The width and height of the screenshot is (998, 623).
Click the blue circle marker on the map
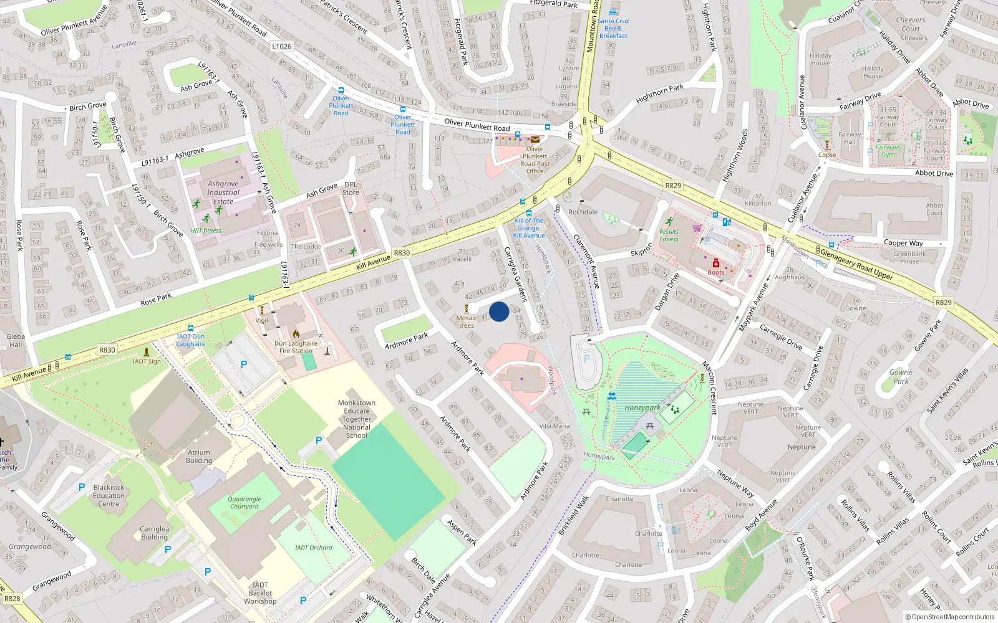[499, 311]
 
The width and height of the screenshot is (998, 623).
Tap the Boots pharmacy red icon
[716, 264]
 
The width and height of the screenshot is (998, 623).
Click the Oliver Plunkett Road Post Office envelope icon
[535, 140]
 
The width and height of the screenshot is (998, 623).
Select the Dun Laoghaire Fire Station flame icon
[296, 334]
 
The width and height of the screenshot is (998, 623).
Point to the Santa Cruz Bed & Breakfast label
[613, 28]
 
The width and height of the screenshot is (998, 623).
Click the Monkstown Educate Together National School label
[357, 419]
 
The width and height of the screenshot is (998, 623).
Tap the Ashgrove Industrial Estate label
[223, 193]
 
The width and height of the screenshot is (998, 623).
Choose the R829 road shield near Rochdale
[673, 186]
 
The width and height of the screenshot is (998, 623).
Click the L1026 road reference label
[281, 46]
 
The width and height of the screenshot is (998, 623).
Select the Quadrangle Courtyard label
[244, 503]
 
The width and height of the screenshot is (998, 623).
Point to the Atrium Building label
[199, 457]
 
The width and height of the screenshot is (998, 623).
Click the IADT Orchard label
[314, 548]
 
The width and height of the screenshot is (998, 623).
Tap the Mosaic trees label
[467, 321]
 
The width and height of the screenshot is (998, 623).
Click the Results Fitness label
[669, 235]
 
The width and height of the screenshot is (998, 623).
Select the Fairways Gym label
[888, 151]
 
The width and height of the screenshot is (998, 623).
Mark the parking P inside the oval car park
[586, 359]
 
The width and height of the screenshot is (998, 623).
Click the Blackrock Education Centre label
[109, 496]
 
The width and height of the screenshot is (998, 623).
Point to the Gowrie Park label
[901, 376]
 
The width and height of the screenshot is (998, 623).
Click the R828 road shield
[12, 599]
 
